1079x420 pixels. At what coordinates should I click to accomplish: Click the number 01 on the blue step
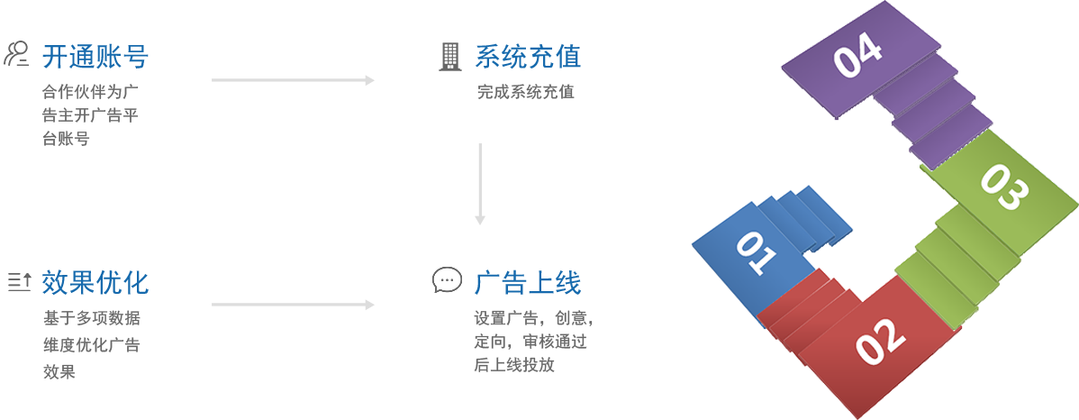[x=757, y=254]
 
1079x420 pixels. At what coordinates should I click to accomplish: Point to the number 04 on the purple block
[x=857, y=59]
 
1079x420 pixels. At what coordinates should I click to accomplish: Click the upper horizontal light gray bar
[x=293, y=80]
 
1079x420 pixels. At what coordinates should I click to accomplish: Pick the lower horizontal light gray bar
[x=293, y=305]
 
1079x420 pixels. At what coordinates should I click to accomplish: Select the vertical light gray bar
[x=480, y=184]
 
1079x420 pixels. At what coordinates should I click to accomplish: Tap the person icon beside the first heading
[x=15, y=53]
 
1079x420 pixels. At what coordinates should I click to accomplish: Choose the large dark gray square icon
[x=447, y=279]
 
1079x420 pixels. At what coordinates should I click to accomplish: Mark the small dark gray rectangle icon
[x=19, y=282]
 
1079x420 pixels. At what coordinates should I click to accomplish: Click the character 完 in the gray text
[x=484, y=92]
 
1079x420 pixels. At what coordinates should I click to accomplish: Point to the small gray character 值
[x=567, y=92]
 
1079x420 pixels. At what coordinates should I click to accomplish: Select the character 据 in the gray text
[x=133, y=318]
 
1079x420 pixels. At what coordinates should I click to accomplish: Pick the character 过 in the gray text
[x=581, y=342]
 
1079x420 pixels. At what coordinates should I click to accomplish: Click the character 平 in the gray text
[x=132, y=114]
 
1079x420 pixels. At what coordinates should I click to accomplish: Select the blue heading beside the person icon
[x=95, y=57]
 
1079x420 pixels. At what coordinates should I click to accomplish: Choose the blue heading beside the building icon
[x=527, y=57]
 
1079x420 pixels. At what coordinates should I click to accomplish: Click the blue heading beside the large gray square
[x=527, y=282]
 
